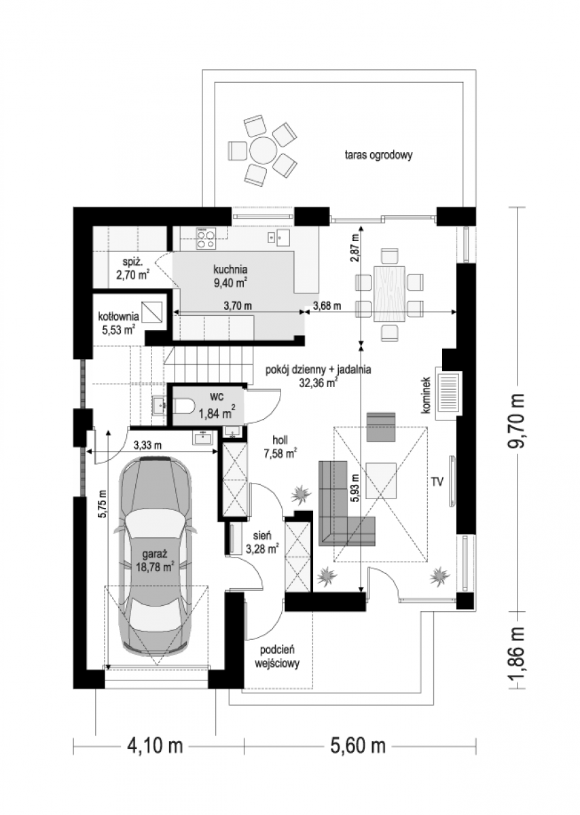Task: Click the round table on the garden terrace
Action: click(263, 149)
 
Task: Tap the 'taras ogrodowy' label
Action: click(378, 156)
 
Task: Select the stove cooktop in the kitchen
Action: click(206, 238)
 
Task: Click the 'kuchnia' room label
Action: click(231, 270)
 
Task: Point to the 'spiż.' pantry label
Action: click(130, 261)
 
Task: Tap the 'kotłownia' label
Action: click(119, 317)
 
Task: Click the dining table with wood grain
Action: click(389, 293)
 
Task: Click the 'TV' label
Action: click(437, 482)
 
